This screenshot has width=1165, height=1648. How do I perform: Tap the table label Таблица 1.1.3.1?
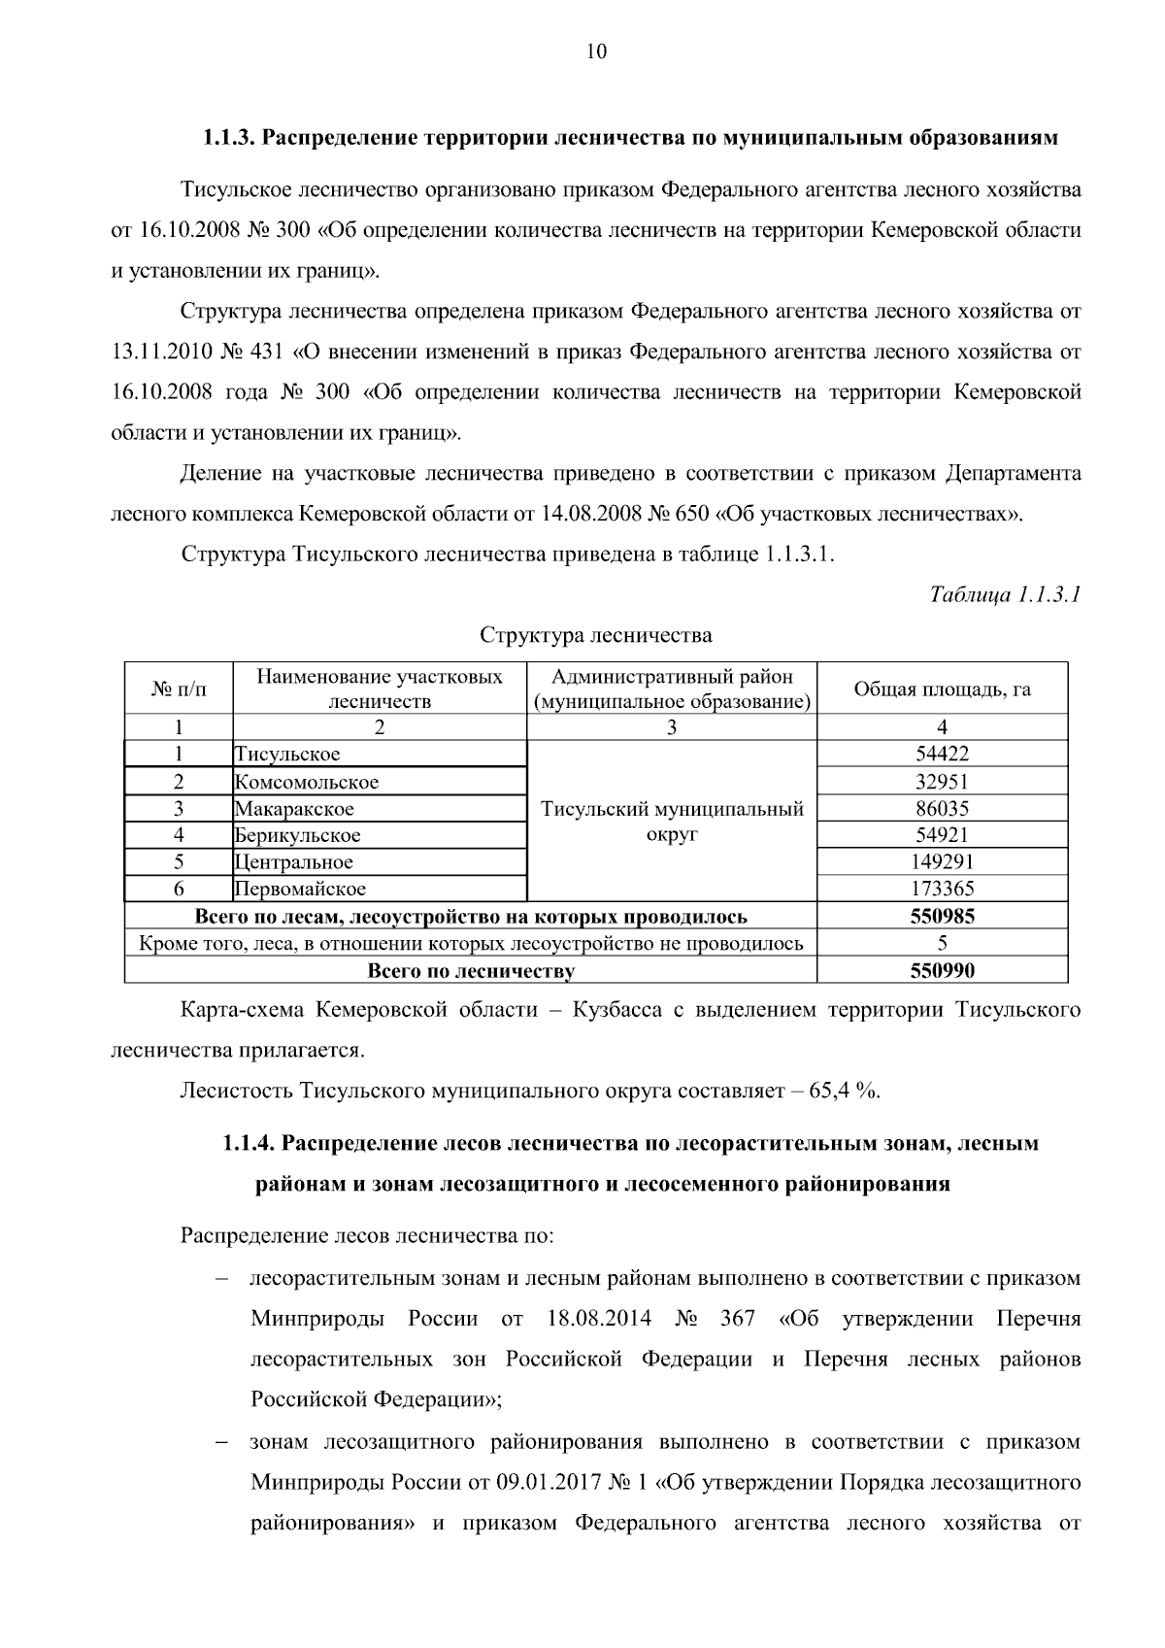pos(1005,593)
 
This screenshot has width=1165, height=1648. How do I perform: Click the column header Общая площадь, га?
pos(942,689)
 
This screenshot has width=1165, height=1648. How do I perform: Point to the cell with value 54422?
pos(942,754)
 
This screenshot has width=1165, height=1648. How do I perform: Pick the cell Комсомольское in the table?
pos(307,782)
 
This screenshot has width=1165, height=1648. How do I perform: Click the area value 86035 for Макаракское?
pos(942,808)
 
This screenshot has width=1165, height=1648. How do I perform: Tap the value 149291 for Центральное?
pos(942,861)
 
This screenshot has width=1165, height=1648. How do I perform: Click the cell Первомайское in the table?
pos(300,889)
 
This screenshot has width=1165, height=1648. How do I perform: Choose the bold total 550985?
pos(942,916)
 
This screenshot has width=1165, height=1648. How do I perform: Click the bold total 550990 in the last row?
pos(942,970)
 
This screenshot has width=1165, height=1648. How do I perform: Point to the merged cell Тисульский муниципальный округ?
pos(672,822)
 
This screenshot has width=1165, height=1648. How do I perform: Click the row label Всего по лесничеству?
pos(471,970)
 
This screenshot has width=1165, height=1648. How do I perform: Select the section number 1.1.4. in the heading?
pos(249,1143)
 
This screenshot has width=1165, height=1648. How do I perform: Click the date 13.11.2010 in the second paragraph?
pos(156,352)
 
